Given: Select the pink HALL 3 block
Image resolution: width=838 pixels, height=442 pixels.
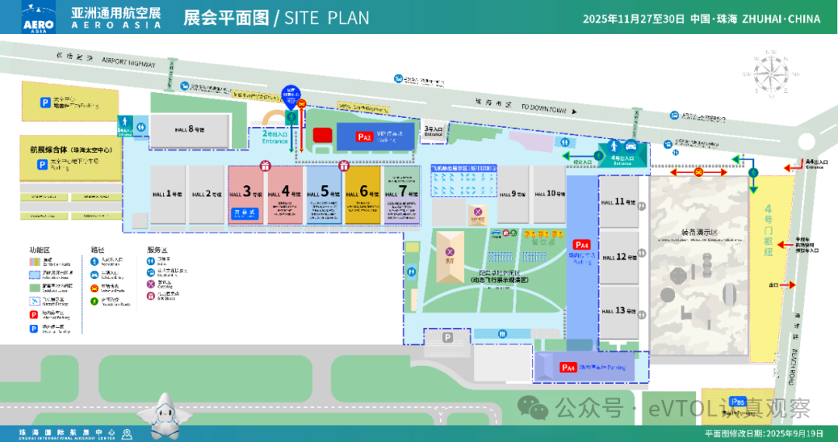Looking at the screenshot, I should pyautogui.click(x=247, y=195).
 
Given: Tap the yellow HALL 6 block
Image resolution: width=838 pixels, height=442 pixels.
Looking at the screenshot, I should pyautogui.click(x=362, y=195).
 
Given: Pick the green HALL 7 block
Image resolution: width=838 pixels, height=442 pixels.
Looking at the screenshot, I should pyautogui.click(x=401, y=195).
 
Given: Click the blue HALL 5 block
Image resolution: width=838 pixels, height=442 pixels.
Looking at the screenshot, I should pyautogui.click(x=324, y=195).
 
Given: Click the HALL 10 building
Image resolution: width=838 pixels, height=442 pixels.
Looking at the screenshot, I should pyautogui.click(x=549, y=194).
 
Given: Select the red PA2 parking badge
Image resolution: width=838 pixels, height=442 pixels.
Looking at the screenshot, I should pyautogui.click(x=365, y=136).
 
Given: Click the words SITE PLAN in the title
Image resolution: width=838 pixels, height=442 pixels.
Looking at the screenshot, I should pyautogui.click(x=327, y=17).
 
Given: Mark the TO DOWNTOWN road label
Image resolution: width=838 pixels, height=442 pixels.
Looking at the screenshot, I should pyautogui.click(x=548, y=108).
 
